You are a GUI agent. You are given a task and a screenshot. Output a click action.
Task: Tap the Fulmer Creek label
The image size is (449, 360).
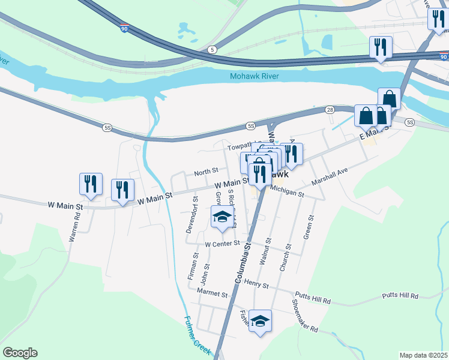click(x=197, y=335)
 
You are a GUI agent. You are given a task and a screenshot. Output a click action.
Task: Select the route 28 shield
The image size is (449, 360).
click(x=330, y=110)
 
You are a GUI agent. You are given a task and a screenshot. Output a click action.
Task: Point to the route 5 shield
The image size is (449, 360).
click(x=212, y=49)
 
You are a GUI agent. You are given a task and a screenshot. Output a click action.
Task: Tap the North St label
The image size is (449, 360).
click(x=205, y=172)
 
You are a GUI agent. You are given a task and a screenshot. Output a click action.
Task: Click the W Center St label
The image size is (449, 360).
click(x=222, y=244)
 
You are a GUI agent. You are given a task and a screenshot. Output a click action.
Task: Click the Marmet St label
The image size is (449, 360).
click(x=212, y=295)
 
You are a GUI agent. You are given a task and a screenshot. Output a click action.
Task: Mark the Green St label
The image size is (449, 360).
click(x=310, y=227)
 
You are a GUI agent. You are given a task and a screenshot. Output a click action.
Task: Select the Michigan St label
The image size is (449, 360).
click(x=287, y=191)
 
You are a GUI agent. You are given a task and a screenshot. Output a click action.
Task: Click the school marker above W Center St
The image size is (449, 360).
click(x=222, y=217)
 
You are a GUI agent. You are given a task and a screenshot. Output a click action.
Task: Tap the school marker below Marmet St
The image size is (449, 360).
click(x=260, y=320)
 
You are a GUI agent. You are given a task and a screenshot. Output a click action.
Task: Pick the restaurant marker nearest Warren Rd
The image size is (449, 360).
click(x=91, y=184)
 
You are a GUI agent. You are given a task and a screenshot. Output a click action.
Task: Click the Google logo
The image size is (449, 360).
click(x=20, y=353)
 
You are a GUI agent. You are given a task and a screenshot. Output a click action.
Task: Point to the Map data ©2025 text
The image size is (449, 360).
click(x=423, y=355)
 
